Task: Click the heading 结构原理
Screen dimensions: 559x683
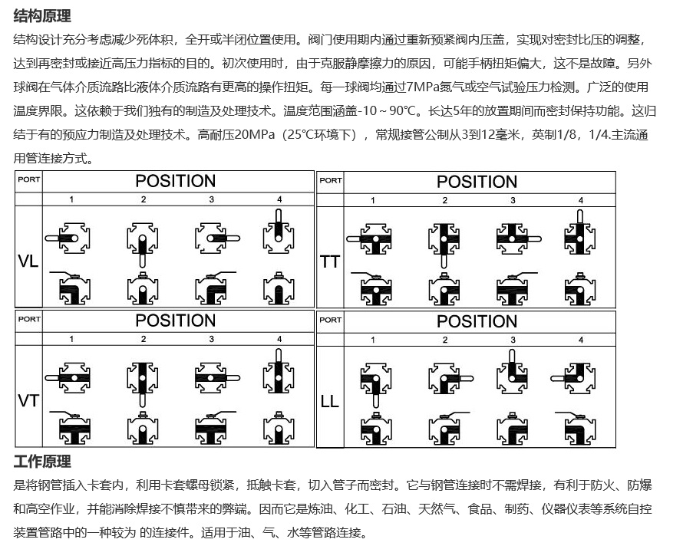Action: tap(42, 15)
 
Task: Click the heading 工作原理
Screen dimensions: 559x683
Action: tap(42, 462)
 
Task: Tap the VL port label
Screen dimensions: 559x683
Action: tap(28, 261)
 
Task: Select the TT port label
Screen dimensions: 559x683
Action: tap(330, 261)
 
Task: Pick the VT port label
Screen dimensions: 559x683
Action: tap(28, 400)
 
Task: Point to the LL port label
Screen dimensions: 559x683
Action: tap(329, 401)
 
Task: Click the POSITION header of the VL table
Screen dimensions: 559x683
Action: tap(176, 181)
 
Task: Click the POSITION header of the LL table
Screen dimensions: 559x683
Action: tap(477, 321)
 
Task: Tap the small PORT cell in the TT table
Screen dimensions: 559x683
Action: tap(331, 181)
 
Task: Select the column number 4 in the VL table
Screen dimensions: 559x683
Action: tap(279, 199)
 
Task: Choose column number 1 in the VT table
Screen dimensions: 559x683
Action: tap(71, 338)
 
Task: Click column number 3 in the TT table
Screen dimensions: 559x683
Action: tap(513, 200)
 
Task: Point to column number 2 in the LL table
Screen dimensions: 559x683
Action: tap(444, 340)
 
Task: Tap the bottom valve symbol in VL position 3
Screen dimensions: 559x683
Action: tap(212, 288)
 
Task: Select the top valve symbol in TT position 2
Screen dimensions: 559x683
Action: tap(444, 238)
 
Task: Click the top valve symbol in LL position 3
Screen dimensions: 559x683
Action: tap(513, 373)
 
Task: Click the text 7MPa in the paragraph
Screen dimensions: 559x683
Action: tap(424, 87)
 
